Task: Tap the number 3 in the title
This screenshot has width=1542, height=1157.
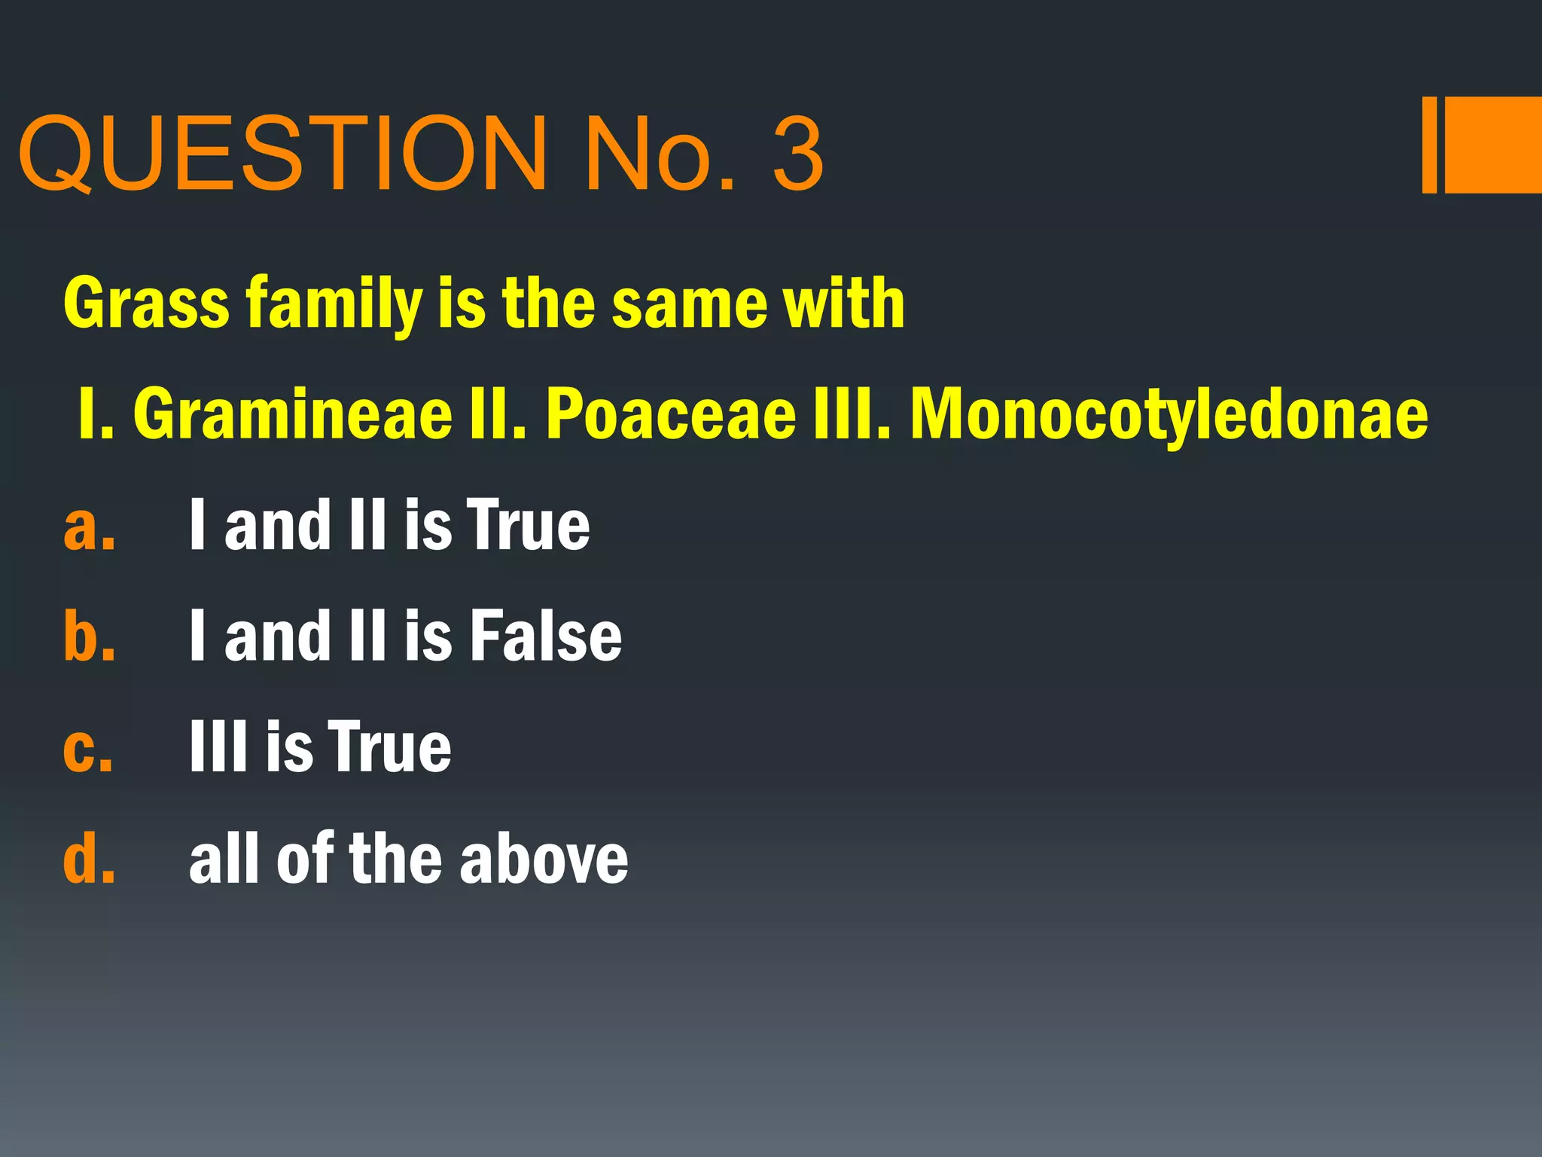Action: coord(797,154)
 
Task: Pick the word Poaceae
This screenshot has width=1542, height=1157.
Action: coord(671,414)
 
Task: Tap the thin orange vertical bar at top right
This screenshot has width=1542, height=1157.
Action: coord(1429,145)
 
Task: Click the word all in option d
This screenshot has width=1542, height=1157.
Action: coord(224,858)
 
